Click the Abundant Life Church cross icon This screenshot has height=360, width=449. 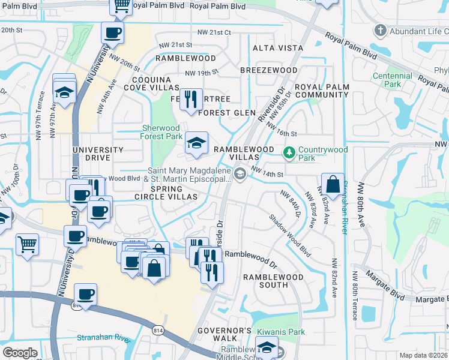click(379, 30)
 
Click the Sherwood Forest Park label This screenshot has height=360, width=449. click(161, 132)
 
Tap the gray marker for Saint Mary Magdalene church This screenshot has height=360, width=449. click(240, 175)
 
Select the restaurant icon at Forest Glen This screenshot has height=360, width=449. click(191, 98)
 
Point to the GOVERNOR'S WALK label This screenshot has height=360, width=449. click(229, 335)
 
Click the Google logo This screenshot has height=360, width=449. click(20, 353)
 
